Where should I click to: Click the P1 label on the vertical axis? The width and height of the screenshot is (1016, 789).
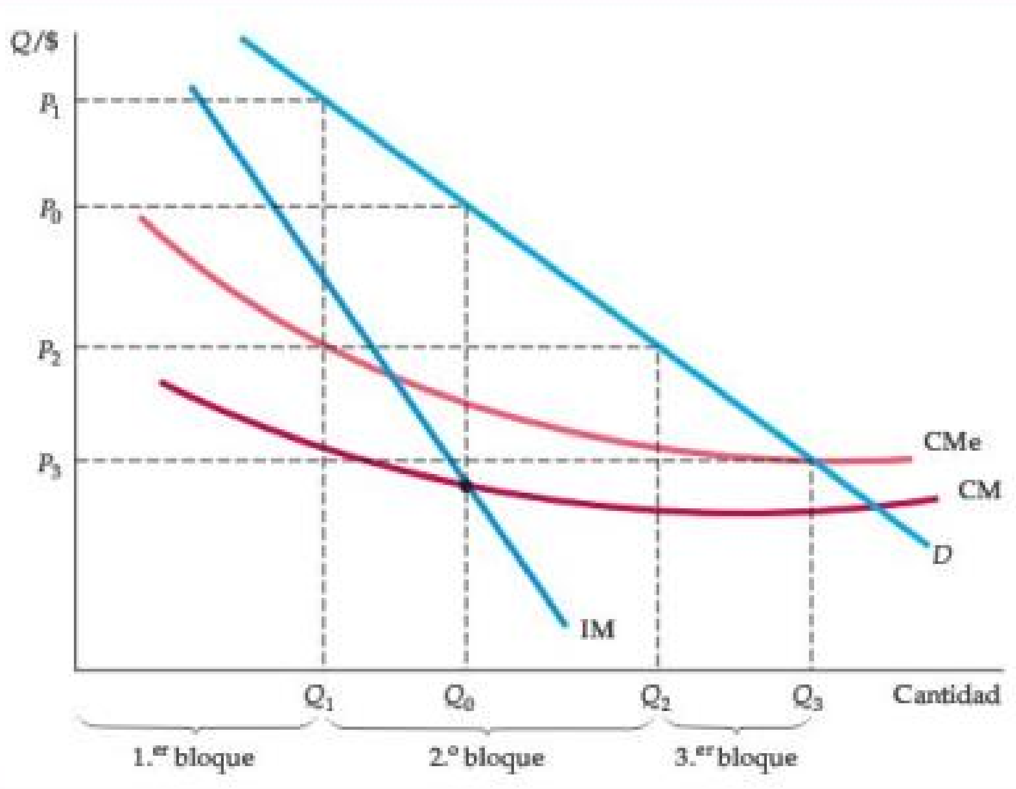tap(50, 104)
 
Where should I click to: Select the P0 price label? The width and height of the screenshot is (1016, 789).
tap(50, 211)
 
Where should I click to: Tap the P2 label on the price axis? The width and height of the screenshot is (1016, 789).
tap(49, 351)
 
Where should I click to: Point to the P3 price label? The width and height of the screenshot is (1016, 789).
tap(49, 464)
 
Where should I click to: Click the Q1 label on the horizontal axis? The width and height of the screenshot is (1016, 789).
tap(319, 698)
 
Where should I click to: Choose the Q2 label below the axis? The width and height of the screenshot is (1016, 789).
tap(655, 698)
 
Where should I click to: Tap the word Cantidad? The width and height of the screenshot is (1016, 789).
tap(946, 695)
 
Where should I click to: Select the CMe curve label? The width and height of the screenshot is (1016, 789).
tap(953, 442)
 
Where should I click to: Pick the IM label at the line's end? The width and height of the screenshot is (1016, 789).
tap(597, 630)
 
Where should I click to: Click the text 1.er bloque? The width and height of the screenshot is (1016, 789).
tap(194, 758)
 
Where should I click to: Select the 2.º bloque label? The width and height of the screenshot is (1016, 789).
tap(487, 758)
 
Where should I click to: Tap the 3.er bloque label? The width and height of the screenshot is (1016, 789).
tap(736, 758)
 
